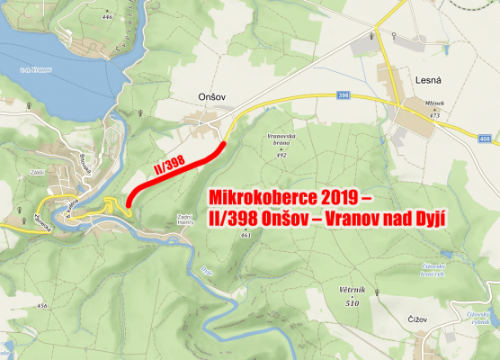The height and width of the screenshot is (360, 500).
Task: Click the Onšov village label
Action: tap(198, 93)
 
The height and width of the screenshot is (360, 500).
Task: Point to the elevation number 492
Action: tap(281, 155)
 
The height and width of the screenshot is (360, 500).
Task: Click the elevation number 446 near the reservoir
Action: tap(109, 17)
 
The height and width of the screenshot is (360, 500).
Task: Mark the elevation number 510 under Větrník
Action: tap(353, 303)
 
